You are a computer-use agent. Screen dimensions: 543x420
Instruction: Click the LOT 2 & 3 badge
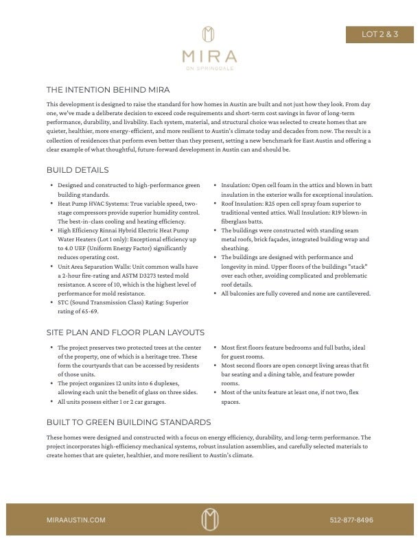[x=380, y=34]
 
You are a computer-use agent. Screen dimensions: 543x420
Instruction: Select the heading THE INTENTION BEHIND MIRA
[x=108, y=90]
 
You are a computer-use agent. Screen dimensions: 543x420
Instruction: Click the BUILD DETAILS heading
[x=78, y=169]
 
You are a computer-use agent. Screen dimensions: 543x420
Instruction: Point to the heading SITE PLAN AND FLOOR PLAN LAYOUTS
[x=125, y=333]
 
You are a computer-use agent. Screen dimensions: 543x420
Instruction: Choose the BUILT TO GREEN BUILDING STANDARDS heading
[x=128, y=422]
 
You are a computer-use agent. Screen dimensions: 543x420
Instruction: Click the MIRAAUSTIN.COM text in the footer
[x=76, y=520]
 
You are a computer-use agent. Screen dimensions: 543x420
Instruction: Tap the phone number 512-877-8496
[x=351, y=520]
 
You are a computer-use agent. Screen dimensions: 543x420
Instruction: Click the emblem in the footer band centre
[x=209, y=520]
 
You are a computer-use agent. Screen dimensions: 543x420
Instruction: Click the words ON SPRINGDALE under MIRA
[x=209, y=68]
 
